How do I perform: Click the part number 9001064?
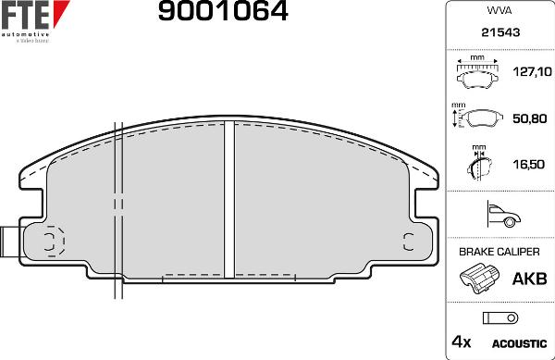[x=223, y=12]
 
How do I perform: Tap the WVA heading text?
[x=499, y=12]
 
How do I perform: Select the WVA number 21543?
[x=499, y=31]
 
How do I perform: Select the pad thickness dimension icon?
[x=477, y=165]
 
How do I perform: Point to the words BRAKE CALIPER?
[x=499, y=252]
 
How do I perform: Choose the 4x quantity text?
[x=461, y=342]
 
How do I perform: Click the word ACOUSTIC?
[x=524, y=342]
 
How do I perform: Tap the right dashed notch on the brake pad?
[x=408, y=242]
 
